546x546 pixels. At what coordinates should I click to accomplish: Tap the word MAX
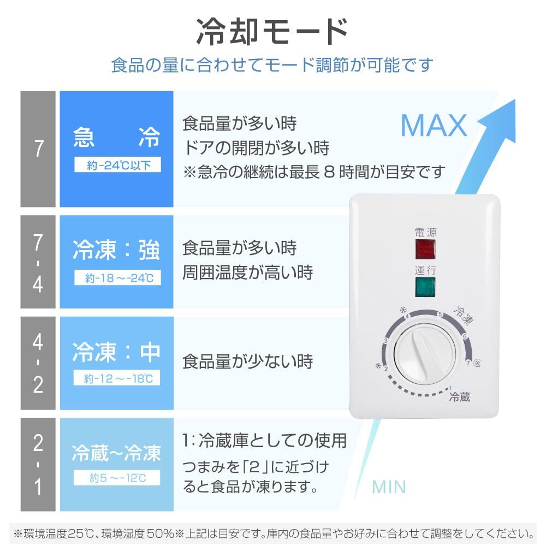pyautogui.click(x=434, y=126)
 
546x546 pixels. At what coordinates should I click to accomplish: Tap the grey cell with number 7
pyautogui.click(x=38, y=149)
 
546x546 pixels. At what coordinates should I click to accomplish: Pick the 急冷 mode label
pyautogui.click(x=117, y=139)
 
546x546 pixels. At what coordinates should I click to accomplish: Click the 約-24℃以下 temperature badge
pyautogui.click(x=117, y=165)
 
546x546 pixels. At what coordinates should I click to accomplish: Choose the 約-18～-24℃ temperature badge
pyautogui.click(x=117, y=278)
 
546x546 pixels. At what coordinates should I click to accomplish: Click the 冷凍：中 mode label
pyautogui.click(x=117, y=353)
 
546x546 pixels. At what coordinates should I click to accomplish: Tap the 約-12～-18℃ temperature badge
pyautogui.click(x=117, y=378)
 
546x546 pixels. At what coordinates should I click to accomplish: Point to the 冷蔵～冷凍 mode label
pyautogui.click(x=117, y=453)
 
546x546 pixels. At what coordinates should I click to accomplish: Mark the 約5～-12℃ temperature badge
pyautogui.click(x=117, y=479)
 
